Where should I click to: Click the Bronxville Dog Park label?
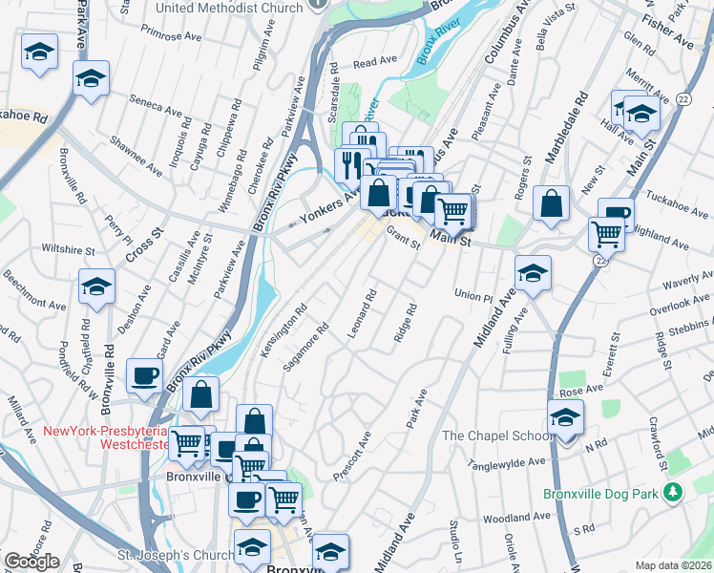pyautogui.click(x=601, y=494)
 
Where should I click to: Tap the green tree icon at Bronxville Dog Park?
pyautogui.click(x=674, y=493)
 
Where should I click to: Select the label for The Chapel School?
pyautogui.click(x=496, y=436)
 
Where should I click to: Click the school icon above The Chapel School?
pyautogui.click(x=565, y=417)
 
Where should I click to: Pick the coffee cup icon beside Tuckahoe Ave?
pyautogui.click(x=616, y=214)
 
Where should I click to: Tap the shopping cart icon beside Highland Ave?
pyautogui.click(x=606, y=231)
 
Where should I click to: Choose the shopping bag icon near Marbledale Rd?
pyautogui.click(x=551, y=203)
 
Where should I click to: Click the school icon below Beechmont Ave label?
pyautogui.click(x=96, y=286)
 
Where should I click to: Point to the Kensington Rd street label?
pyautogui.click(x=283, y=331)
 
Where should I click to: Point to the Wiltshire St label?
pyautogui.click(x=68, y=249)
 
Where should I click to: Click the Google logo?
pyautogui.click(x=31, y=562)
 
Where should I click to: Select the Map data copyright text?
pyautogui.click(x=673, y=565)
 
